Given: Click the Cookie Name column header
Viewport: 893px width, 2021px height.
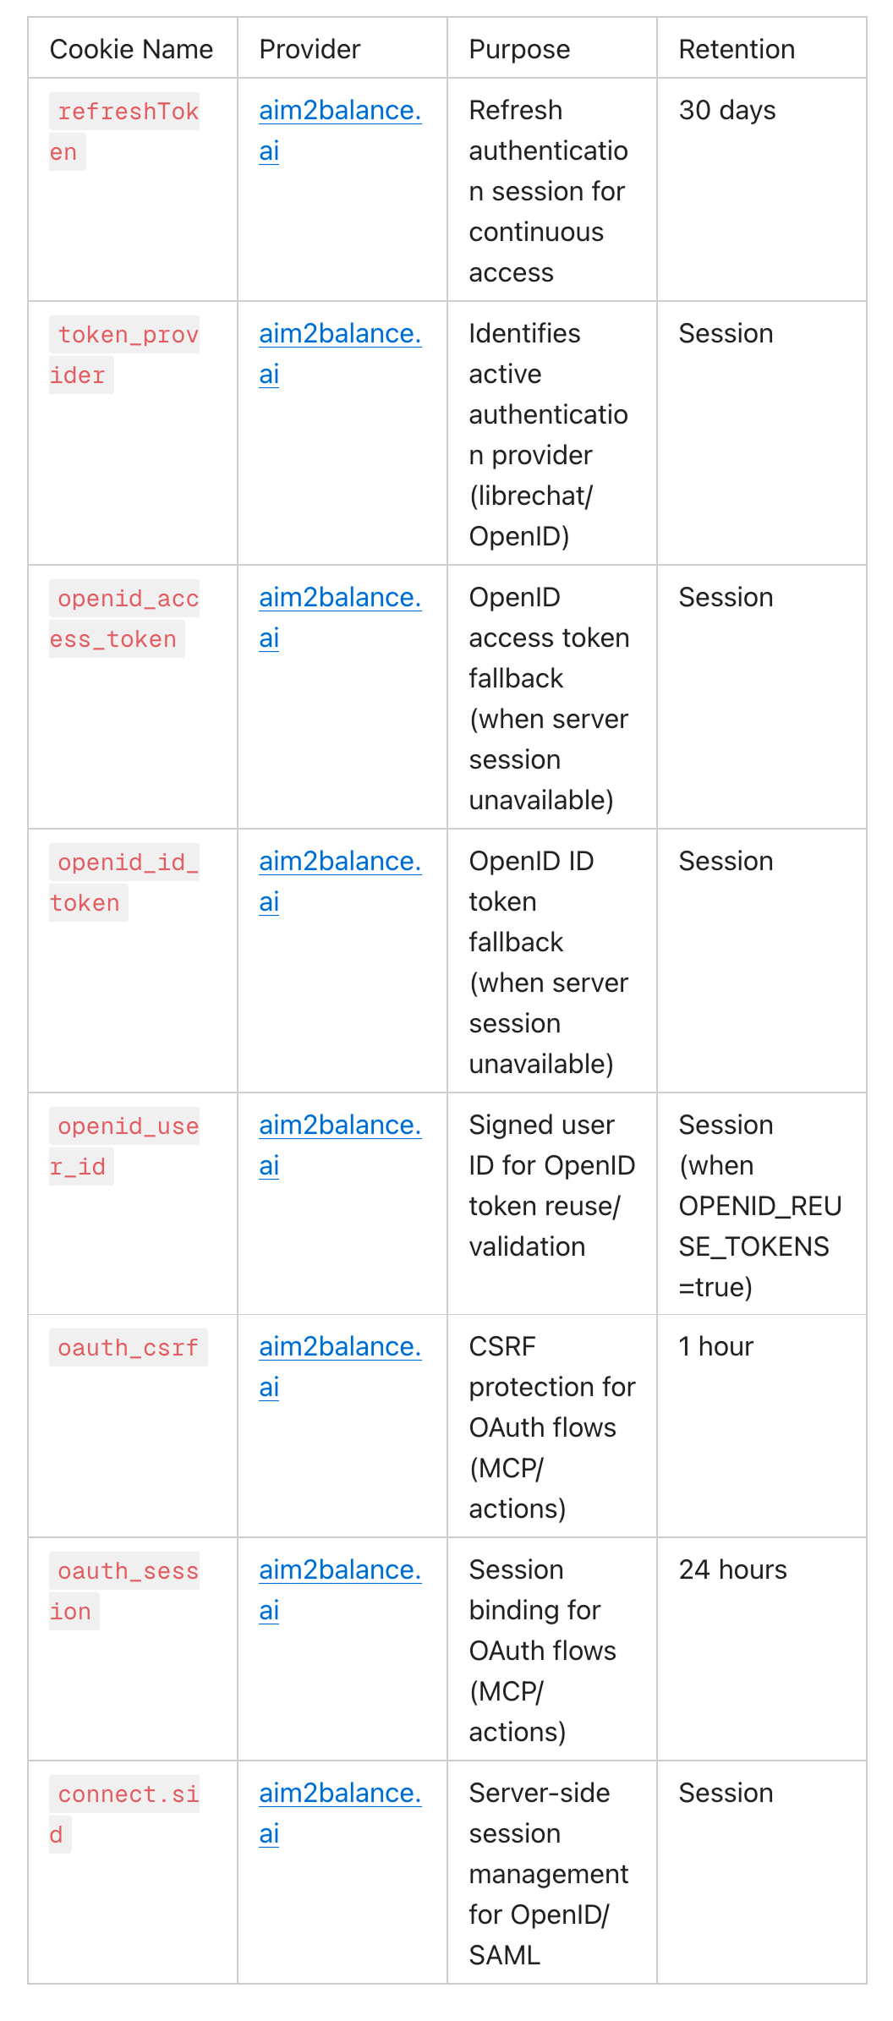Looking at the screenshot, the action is [x=131, y=49].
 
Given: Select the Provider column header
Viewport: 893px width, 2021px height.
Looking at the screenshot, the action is [x=310, y=49].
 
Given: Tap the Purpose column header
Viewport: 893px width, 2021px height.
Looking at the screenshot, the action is [x=519, y=49].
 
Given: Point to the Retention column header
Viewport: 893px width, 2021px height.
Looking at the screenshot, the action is [x=737, y=49].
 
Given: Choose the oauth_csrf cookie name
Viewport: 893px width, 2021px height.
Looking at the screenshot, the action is [x=128, y=1348].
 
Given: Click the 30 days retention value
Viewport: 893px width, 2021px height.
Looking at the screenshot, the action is [x=727, y=111].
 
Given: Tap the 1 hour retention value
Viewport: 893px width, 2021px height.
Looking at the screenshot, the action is [x=715, y=1347].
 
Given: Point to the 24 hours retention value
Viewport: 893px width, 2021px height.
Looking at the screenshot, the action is [x=732, y=1570].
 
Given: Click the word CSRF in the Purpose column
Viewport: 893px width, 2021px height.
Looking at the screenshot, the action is [x=502, y=1347].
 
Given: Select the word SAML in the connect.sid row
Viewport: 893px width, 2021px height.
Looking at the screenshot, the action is [x=504, y=1956].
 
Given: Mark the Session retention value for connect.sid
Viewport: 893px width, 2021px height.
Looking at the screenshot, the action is [x=726, y=1794].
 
